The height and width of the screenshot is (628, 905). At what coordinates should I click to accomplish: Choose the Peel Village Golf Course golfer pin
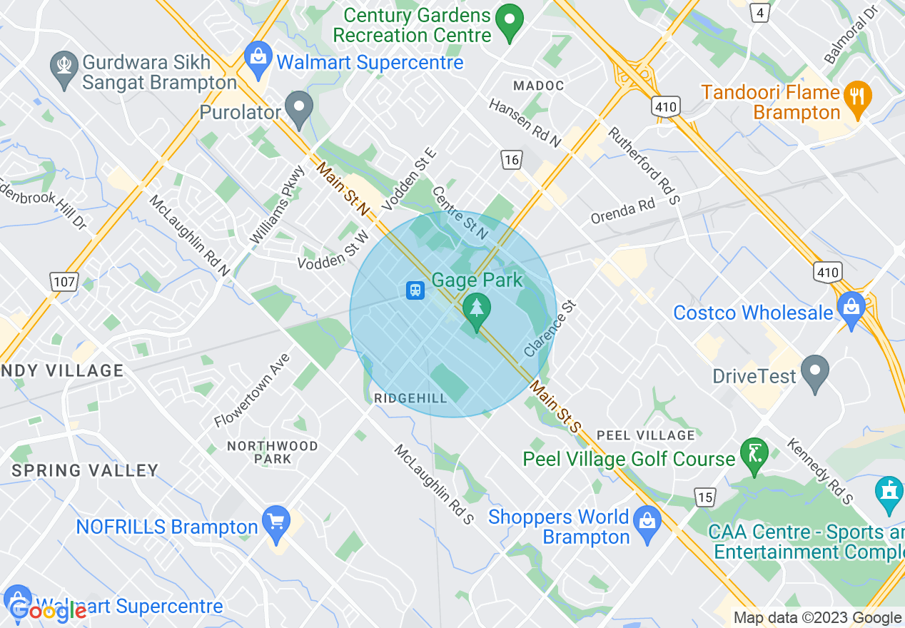(754, 453)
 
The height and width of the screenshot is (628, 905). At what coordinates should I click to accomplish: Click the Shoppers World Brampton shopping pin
(647, 522)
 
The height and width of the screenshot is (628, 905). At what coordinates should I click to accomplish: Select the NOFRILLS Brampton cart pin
(275, 522)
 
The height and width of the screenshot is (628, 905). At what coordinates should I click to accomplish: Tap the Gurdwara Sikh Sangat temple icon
(65, 68)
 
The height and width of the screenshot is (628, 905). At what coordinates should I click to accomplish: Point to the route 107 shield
(64, 282)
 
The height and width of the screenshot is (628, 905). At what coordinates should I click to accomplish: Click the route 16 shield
(511, 160)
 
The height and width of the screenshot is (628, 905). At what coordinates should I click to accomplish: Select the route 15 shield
(705, 497)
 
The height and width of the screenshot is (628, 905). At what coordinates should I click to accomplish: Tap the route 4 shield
(761, 12)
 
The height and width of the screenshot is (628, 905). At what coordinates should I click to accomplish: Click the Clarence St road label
(550, 329)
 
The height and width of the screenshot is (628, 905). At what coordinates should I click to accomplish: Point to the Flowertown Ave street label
(253, 390)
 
